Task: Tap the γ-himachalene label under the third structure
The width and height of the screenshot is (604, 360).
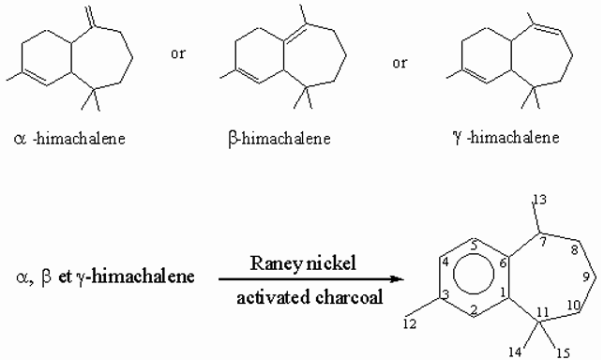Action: [503, 139]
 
